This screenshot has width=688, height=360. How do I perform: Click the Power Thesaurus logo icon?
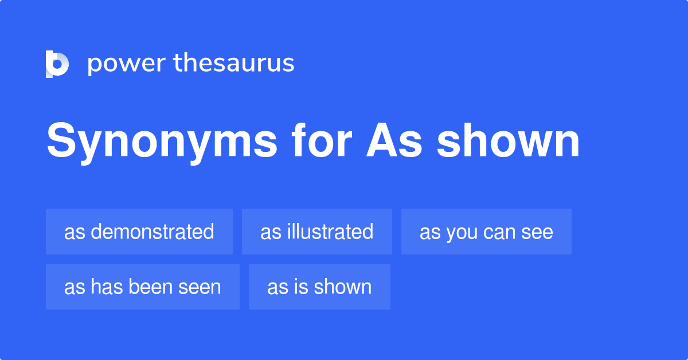[57, 64]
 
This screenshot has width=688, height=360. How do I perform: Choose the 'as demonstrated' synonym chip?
[139, 232]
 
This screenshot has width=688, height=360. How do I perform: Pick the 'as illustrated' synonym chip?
[317, 232]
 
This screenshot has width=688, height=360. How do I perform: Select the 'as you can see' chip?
[486, 232]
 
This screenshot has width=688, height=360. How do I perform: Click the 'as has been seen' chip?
[143, 287]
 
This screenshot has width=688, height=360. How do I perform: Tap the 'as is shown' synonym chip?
[319, 287]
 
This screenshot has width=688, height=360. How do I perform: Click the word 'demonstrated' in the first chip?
[152, 232]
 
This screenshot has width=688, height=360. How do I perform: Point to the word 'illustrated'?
[330, 232]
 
